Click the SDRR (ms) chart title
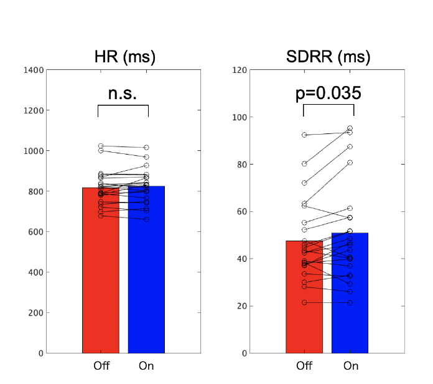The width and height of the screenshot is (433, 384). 328,57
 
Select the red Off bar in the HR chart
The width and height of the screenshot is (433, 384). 100,281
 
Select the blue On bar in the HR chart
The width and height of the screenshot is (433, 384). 146,281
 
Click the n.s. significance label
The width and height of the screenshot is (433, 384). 123,94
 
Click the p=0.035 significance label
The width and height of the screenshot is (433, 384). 328,94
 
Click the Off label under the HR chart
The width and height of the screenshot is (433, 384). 101,366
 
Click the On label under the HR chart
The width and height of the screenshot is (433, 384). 146,366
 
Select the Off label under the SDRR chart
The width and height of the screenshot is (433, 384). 304,366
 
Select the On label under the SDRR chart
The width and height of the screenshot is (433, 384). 350,366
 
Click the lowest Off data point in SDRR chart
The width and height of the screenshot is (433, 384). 304,302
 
